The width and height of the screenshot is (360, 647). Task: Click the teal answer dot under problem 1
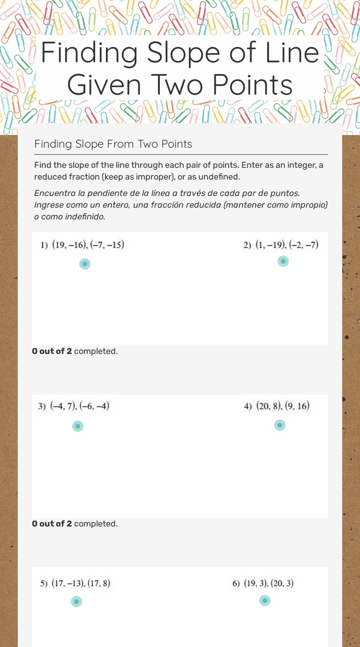click(85, 264)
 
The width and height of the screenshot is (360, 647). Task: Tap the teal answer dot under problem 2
click(283, 261)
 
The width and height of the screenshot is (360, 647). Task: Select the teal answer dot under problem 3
click(78, 426)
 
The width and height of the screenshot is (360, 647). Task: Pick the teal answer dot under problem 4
click(280, 425)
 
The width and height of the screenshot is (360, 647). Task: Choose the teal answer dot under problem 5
click(76, 602)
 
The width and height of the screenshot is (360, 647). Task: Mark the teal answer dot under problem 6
click(265, 601)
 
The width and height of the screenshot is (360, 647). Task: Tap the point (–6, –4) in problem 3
click(94, 406)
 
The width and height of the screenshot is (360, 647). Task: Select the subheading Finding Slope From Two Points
click(113, 144)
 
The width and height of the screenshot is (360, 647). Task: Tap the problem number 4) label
click(248, 406)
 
